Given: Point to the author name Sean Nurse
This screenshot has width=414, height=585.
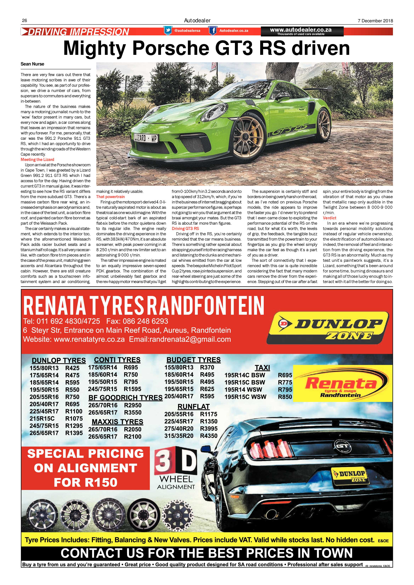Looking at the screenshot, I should (x=32, y=64).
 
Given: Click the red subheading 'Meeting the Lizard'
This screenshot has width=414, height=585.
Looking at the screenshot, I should (x=38, y=160).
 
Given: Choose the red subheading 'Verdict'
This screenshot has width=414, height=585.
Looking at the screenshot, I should (x=330, y=218).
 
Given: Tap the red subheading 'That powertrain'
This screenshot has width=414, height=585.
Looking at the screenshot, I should (x=110, y=197).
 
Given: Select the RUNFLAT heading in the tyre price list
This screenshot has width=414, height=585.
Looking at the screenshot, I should (x=193, y=407).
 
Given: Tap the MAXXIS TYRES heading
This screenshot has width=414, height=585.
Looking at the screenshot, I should (x=118, y=422).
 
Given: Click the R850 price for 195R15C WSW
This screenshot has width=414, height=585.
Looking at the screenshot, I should (x=285, y=397).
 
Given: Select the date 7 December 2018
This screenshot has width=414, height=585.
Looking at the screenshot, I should (x=375, y=21).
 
